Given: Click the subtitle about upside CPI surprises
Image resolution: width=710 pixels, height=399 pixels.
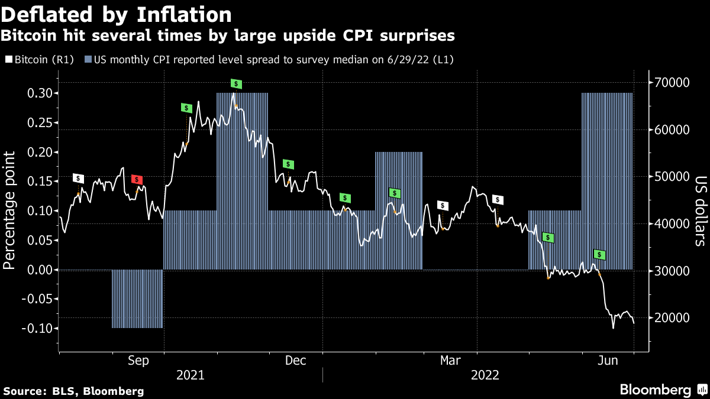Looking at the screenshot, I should [x=228, y=36].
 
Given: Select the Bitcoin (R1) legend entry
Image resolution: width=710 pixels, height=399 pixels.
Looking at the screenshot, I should [x=40, y=60].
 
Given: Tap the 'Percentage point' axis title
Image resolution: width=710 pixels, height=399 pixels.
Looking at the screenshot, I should [x=10, y=210].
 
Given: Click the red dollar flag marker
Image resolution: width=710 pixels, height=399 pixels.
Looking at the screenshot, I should [x=137, y=179].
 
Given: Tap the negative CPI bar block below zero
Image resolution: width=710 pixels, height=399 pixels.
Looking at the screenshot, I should [x=137, y=299].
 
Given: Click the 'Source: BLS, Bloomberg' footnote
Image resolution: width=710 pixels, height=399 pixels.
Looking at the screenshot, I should [x=73, y=391].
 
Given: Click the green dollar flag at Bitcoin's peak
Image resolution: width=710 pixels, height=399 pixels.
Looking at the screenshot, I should [x=236, y=84].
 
